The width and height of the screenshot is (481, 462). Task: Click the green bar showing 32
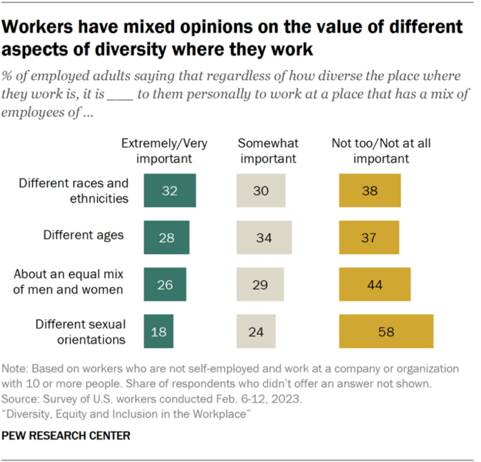pos(170,191)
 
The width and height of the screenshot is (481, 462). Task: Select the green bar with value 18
pos(159,332)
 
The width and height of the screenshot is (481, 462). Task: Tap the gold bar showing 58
pos(386,332)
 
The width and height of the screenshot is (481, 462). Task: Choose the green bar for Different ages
pos(167,238)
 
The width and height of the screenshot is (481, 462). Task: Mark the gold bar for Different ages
pos(369,238)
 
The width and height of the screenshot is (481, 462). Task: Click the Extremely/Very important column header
pos(164,150)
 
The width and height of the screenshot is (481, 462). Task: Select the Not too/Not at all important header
pos(381,150)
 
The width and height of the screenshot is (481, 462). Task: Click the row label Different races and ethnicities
pos(74,191)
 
